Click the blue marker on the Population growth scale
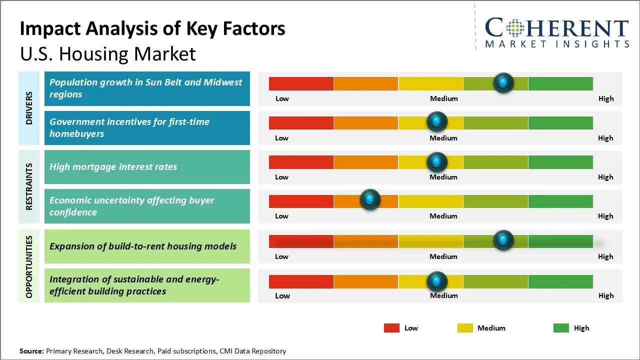pos(503,82)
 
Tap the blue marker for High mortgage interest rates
pos(437,162)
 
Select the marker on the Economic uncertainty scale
pos(370,199)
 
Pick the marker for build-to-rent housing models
pos(503,240)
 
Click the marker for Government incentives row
pos(437,121)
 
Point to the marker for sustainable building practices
pos(437,281)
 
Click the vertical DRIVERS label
pos(29,108)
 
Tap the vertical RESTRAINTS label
pos(29,186)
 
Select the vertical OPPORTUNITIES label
pos(29,267)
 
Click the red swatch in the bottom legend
pos(391,328)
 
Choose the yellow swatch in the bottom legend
pos(465,328)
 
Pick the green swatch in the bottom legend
pos(561,328)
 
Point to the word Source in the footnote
pos(31,351)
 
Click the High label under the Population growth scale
pos(606,98)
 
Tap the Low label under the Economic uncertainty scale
pos(281,216)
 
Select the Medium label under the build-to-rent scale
pos(443,256)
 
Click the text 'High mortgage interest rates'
pos(113,167)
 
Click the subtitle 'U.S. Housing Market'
pos(107,54)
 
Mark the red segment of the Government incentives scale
pos(301,123)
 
